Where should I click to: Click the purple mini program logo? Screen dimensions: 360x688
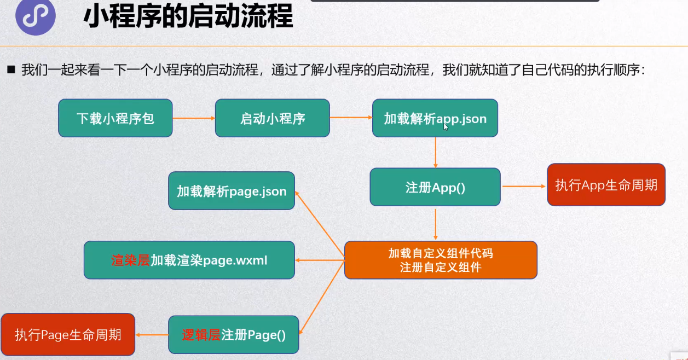click(36, 18)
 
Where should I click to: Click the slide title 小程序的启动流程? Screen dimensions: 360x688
click(188, 18)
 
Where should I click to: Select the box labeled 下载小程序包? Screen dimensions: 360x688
click(115, 118)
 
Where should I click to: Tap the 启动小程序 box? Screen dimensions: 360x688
click(273, 118)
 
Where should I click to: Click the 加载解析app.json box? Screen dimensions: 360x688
click(435, 118)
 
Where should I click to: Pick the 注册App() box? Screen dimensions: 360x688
click(435, 187)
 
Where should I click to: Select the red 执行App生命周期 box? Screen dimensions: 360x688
click(606, 185)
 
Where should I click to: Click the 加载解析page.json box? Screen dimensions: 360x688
click(232, 191)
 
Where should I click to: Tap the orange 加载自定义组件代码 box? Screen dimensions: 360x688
click(441, 260)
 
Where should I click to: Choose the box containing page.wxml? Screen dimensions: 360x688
click(189, 260)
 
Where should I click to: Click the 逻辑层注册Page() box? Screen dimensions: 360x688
click(234, 334)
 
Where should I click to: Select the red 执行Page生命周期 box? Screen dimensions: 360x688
click(68, 334)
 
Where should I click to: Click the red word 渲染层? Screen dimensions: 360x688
click(130, 260)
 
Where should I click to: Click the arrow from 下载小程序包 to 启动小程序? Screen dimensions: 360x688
click(194, 118)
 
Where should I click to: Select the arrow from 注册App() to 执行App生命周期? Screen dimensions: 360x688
click(524, 187)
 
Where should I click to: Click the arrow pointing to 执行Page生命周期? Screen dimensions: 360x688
click(152, 334)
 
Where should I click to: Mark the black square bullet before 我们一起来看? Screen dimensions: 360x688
click(10, 70)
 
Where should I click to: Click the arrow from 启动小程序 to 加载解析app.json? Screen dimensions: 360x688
click(351, 118)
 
